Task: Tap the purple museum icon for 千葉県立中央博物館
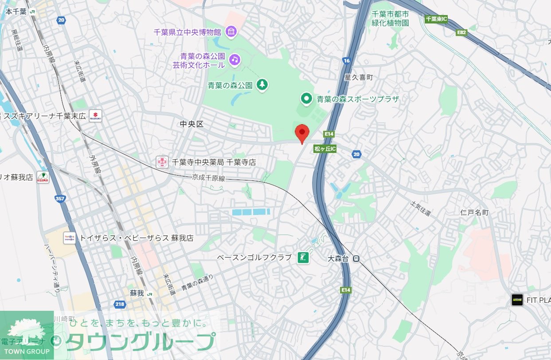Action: coord(231,32)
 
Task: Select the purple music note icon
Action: coord(234,59)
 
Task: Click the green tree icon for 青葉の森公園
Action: coord(262,84)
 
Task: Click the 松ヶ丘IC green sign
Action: coord(325,149)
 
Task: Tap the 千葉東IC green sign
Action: coord(436,19)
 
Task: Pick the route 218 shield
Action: coord(120,304)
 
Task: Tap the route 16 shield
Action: coord(347,60)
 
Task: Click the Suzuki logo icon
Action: coord(95,116)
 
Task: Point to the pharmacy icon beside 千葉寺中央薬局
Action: coord(162,162)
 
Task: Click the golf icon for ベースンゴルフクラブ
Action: coord(303,258)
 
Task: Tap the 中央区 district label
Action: coord(192,125)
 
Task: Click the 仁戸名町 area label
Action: coord(474,213)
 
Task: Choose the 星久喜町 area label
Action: coord(359,77)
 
